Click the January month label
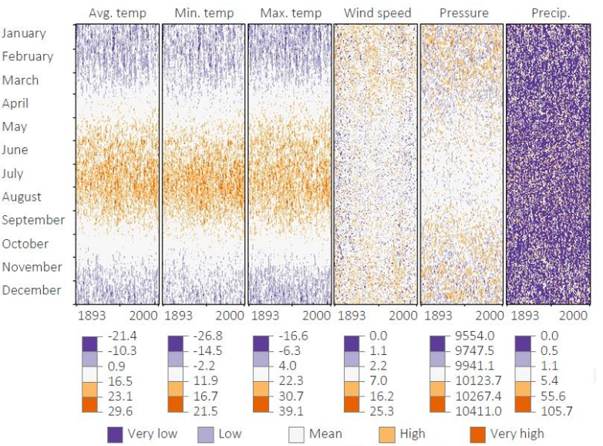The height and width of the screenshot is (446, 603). (24, 33)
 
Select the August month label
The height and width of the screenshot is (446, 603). (22, 197)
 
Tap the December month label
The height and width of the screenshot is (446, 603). (31, 290)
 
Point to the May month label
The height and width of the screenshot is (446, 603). (15, 127)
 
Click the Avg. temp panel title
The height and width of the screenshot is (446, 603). (117, 13)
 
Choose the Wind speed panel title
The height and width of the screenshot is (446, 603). (377, 13)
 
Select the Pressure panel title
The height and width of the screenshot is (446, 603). (463, 13)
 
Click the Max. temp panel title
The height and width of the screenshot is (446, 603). (290, 13)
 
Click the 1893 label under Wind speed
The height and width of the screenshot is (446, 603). (352, 316)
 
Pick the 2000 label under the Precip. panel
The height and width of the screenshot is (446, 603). (573, 316)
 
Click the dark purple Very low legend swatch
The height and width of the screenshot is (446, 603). (116, 434)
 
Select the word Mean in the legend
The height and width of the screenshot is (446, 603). (325, 434)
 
